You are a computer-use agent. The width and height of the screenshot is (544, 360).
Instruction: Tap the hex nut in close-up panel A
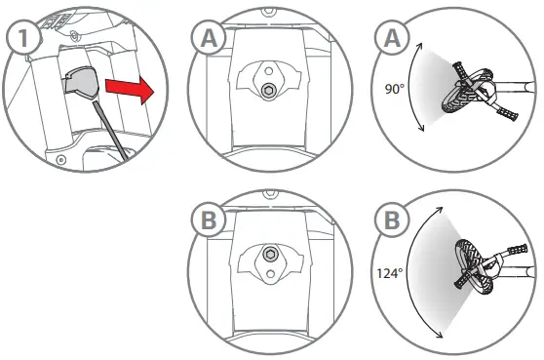pos(264,93)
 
